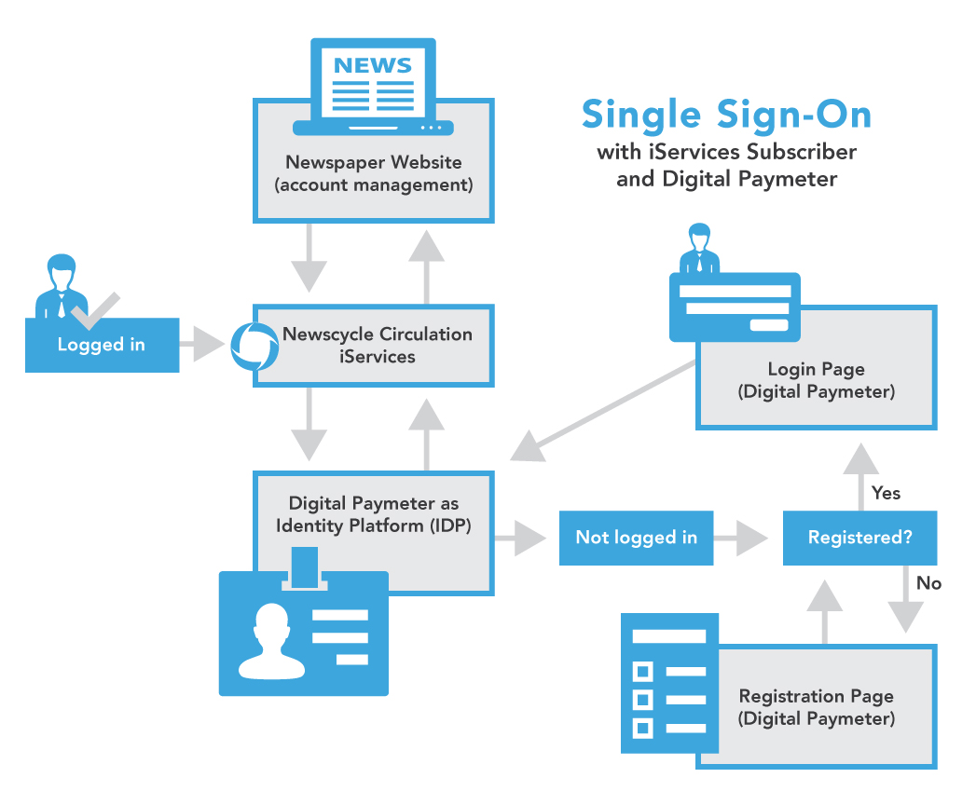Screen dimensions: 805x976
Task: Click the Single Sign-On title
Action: [726, 115]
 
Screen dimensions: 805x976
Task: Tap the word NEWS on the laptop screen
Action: [373, 65]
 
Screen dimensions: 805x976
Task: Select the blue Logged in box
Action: [102, 345]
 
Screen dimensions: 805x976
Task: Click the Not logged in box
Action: [636, 538]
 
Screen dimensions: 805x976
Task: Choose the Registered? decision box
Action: [859, 538]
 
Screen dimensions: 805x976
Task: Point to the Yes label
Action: [886, 492]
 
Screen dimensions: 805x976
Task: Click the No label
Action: [928, 583]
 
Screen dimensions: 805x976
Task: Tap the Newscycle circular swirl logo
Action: [254, 346]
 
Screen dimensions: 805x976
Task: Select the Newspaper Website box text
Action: [374, 173]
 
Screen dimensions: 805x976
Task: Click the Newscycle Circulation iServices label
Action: [378, 345]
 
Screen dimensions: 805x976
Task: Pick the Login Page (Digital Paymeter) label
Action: [817, 381]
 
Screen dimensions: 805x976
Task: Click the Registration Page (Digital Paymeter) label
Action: [817, 707]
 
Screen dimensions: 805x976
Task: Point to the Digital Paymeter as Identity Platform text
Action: [374, 514]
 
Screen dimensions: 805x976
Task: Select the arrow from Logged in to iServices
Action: [203, 345]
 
